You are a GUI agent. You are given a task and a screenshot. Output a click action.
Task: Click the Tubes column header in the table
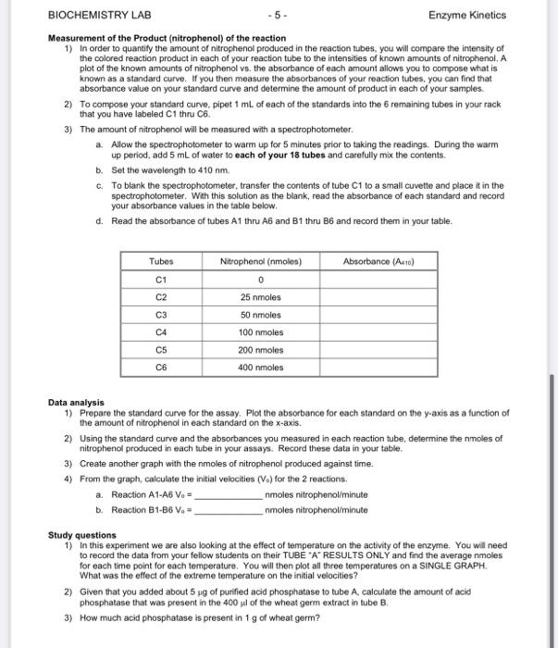click(x=161, y=262)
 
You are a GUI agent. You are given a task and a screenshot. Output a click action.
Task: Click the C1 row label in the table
click(x=161, y=280)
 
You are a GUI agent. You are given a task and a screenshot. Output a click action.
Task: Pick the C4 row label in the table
click(x=161, y=331)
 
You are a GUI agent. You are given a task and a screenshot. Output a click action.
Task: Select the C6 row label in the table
click(x=161, y=367)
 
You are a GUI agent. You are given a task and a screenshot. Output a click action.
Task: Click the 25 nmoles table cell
click(x=260, y=297)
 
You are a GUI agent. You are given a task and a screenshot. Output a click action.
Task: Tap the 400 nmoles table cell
click(x=260, y=367)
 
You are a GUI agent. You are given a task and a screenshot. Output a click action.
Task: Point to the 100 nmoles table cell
click(x=260, y=331)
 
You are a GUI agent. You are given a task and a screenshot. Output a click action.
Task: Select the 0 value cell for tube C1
click(x=260, y=280)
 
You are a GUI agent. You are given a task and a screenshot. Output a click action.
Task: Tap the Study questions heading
click(x=82, y=535)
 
